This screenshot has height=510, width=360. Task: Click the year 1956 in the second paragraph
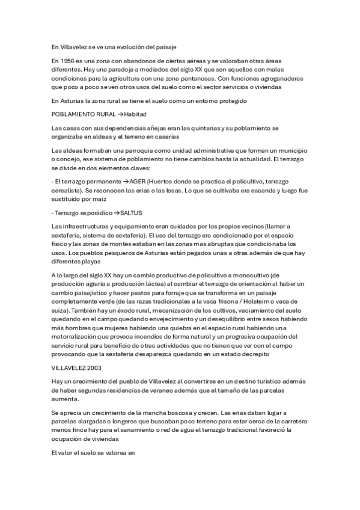[x=67, y=61]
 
